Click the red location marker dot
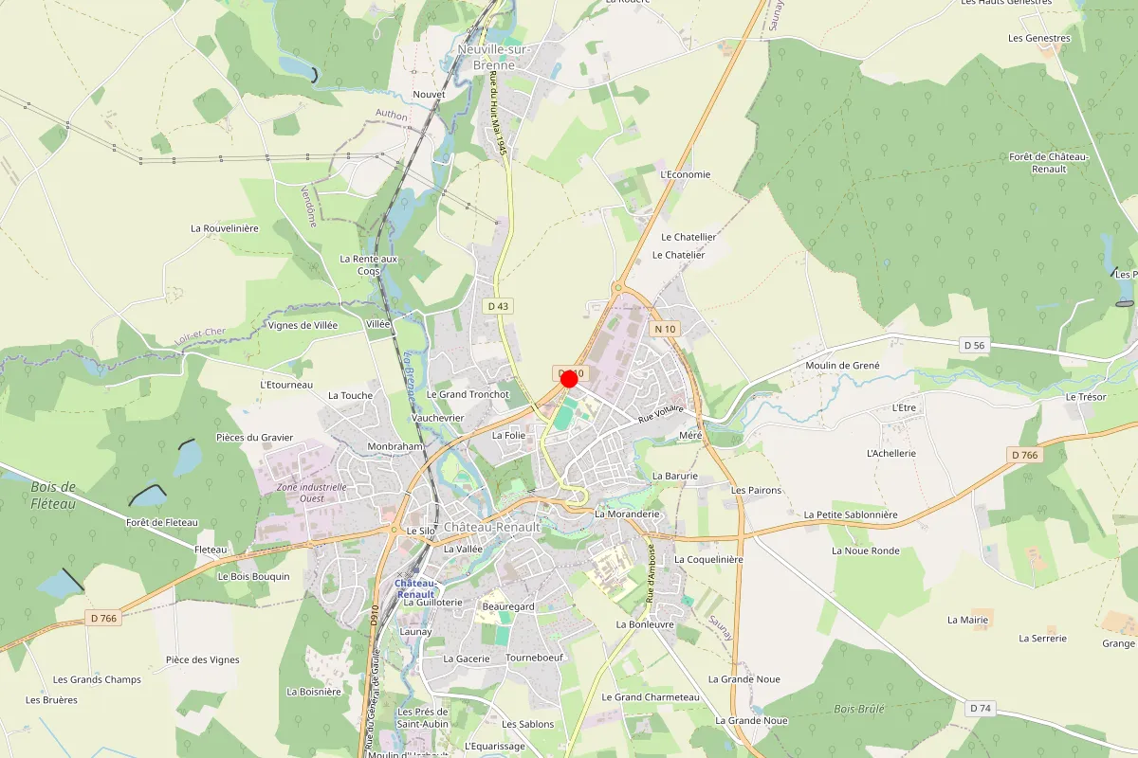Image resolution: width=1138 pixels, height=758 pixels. tap(570, 379)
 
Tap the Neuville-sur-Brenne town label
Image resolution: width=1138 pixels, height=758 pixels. tap(493, 57)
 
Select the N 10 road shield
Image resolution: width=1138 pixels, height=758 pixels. tap(664, 329)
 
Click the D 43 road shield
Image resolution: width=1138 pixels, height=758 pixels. tap(498, 306)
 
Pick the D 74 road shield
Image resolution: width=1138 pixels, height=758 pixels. tap(981, 709)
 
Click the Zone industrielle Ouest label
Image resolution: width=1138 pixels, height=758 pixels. tap(300, 493)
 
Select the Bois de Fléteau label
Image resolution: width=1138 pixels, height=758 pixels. tap(53, 495)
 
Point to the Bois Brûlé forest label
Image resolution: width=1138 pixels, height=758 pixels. tap(859, 709)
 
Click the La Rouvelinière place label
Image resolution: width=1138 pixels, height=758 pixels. tap(225, 228)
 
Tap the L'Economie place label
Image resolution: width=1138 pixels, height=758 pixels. tap(685, 174)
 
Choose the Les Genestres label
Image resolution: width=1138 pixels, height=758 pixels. tap(1039, 39)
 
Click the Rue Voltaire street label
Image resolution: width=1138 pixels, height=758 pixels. tap(661, 414)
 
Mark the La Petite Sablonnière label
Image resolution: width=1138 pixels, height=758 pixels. tap(850, 514)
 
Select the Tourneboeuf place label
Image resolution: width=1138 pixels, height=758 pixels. tap(535, 658)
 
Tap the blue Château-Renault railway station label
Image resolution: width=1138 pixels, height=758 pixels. tap(415, 588)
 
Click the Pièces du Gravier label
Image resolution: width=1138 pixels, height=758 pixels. tap(255, 438)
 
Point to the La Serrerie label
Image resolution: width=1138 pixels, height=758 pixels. tap(1043, 639)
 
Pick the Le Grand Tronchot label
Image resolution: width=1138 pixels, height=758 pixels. tap(468, 394)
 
